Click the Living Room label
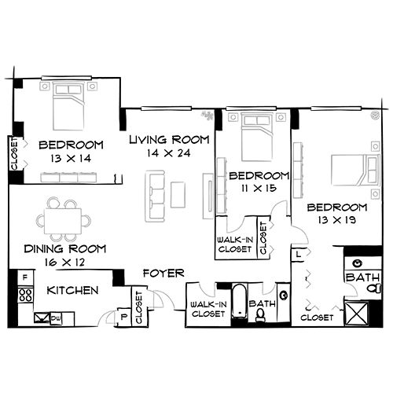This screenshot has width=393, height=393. [170, 140]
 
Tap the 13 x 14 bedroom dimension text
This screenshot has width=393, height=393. [71, 158]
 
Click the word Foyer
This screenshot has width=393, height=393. [163, 274]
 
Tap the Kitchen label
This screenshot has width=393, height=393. [72, 291]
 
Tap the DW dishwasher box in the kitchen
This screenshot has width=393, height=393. [56, 318]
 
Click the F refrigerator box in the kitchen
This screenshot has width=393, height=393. [25, 277]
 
